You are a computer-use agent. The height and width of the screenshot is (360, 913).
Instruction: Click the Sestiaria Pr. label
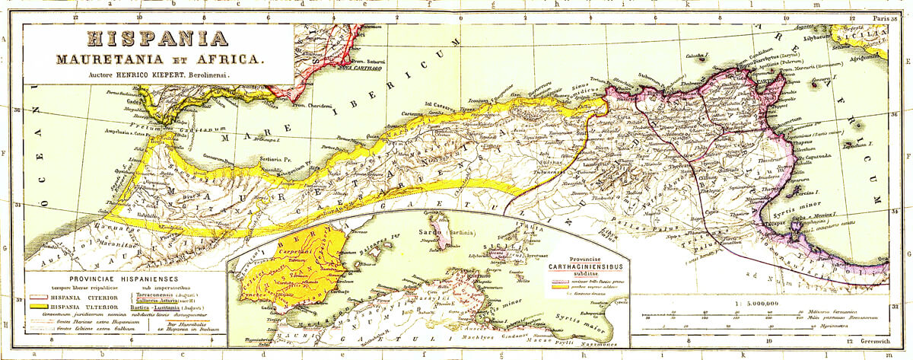276,160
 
